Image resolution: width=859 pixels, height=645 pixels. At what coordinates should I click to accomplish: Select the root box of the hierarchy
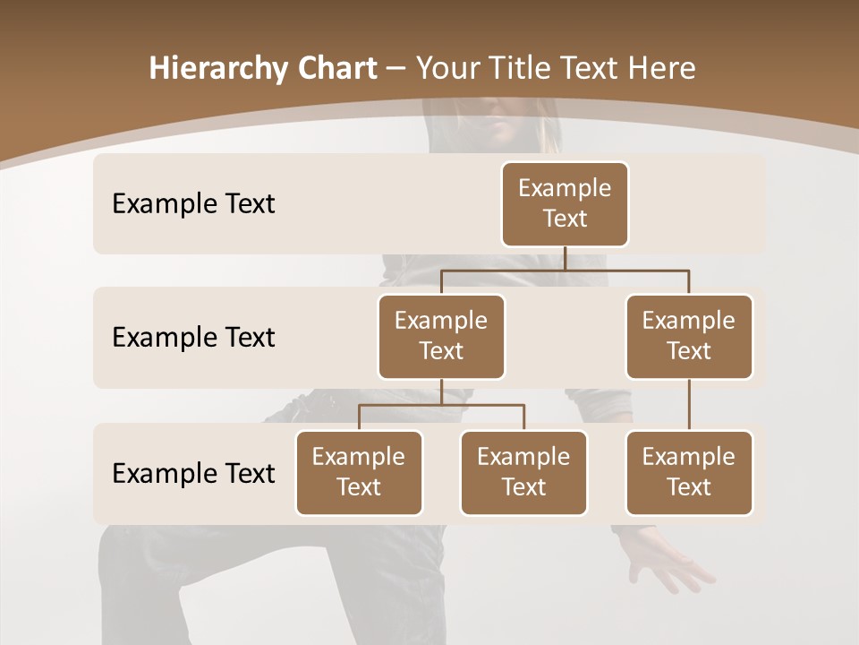[x=565, y=203]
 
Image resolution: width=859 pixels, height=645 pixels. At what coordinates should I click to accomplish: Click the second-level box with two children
[x=441, y=336]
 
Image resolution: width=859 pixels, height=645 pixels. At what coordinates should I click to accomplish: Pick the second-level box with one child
[x=689, y=336]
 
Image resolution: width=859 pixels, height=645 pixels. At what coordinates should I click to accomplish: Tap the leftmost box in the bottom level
[x=359, y=472]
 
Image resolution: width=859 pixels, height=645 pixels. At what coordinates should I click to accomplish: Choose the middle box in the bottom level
[x=523, y=472]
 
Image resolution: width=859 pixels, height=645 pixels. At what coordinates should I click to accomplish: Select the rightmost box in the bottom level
[x=689, y=472]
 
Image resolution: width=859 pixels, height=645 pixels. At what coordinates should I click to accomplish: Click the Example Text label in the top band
[x=193, y=204]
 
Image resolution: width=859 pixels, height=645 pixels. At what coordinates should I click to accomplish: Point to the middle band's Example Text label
[x=193, y=338]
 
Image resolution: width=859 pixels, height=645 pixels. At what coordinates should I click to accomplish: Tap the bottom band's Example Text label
[x=193, y=474]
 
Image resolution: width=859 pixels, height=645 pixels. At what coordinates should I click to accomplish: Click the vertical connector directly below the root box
[x=565, y=258]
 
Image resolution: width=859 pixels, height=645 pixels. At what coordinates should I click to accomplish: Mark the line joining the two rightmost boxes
[x=689, y=405]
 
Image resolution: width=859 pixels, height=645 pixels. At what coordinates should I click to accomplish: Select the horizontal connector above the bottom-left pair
[x=441, y=405]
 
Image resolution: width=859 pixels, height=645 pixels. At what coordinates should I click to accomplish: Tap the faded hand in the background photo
[x=667, y=564]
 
